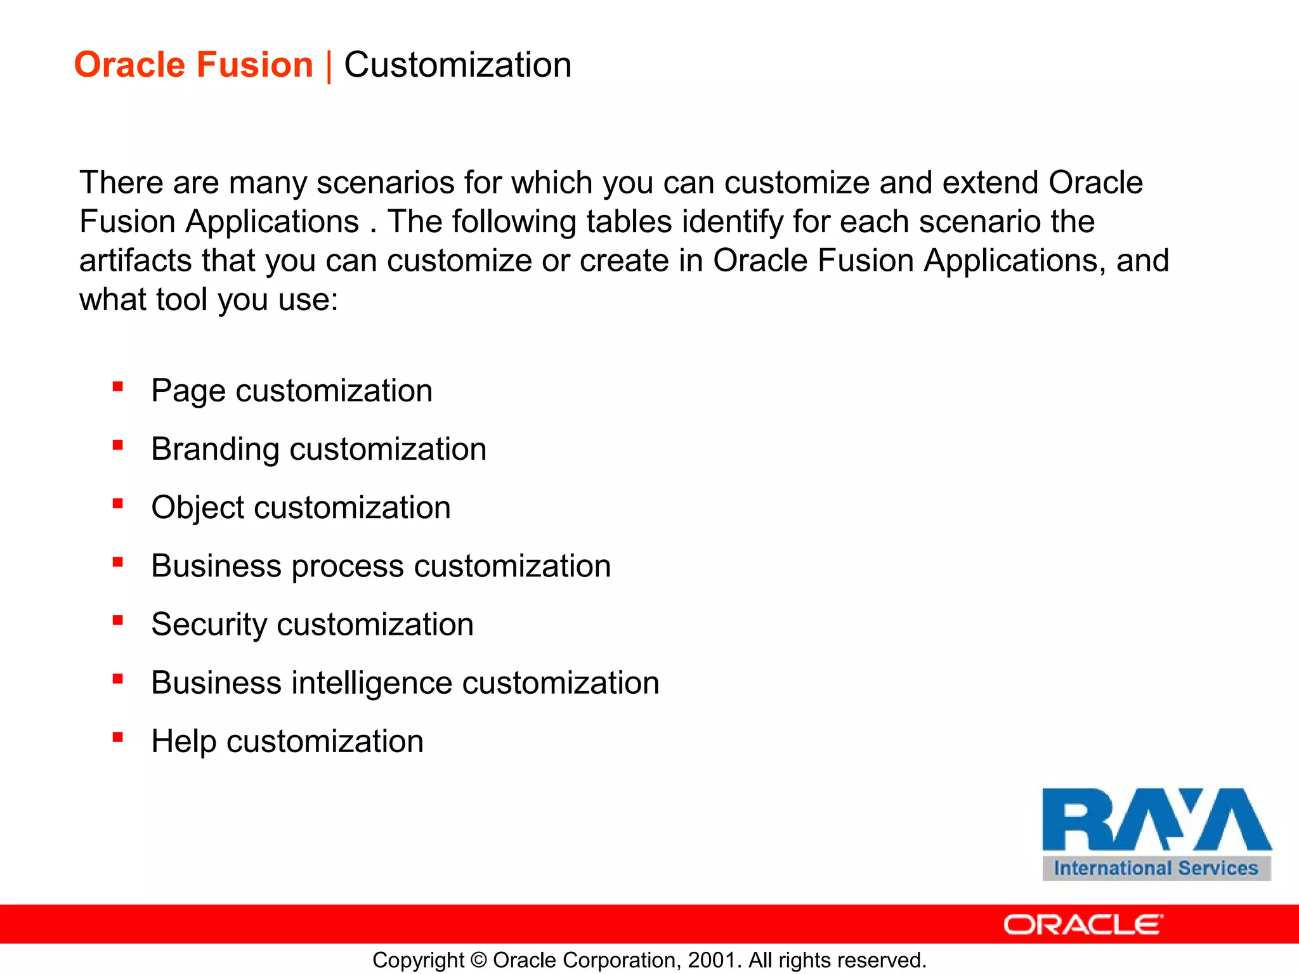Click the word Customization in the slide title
457,65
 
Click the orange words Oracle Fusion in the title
193,65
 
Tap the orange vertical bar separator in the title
329,67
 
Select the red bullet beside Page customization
117,387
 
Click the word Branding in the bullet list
214,450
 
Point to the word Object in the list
197,508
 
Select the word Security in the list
209,625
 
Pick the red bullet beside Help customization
117,737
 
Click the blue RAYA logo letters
1156,820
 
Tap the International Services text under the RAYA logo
1156,868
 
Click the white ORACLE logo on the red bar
1083,925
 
